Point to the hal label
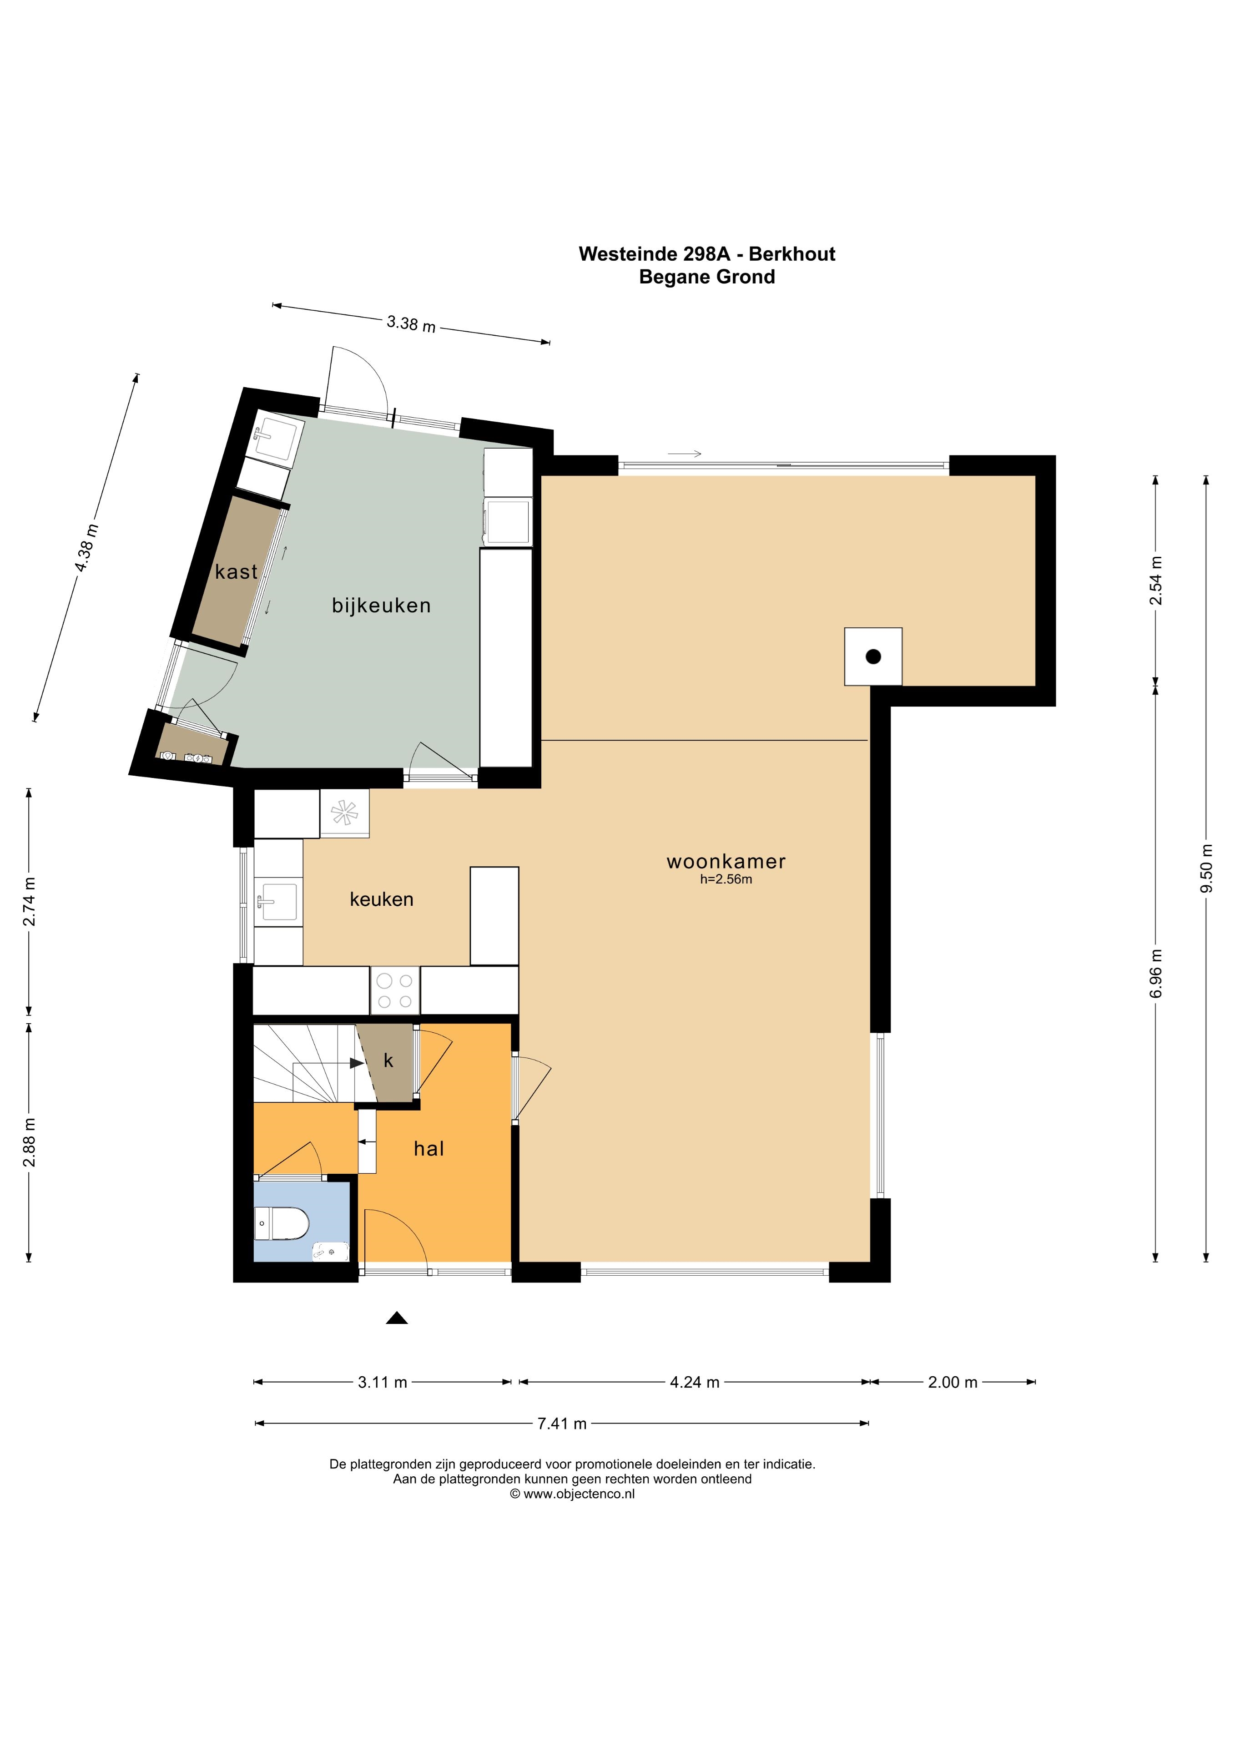[x=428, y=1148]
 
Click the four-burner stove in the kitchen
[x=395, y=991]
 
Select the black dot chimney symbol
[x=873, y=656]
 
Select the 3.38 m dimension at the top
[x=411, y=323]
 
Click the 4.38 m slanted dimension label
[x=86, y=548]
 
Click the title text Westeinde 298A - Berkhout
[x=707, y=254]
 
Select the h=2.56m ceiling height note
[x=726, y=879]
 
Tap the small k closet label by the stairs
[x=389, y=1060]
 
